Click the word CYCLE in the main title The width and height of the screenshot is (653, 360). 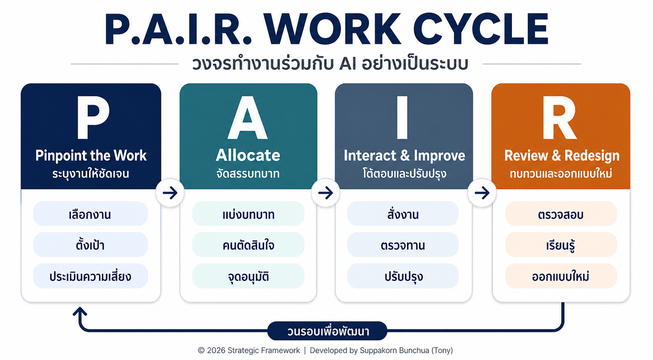click(481, 29)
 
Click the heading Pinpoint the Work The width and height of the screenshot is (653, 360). click(91, 155)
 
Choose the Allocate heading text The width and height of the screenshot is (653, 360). click(248, 155)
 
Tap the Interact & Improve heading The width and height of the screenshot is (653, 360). click(404, 155)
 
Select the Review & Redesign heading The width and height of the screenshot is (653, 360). click(562, 155)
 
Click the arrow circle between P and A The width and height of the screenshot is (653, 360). click(170, 193)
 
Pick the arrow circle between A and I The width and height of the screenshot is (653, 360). click(326, 193)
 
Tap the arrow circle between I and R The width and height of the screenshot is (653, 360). click(482, 193)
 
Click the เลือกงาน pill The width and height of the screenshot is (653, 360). click(90, 213)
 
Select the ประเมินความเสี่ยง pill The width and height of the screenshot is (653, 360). click(90, 276)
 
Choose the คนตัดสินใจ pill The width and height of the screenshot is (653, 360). click(248, 244)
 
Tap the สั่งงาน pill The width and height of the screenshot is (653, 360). click(403, 213)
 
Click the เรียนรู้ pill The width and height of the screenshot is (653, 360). click(561, 244)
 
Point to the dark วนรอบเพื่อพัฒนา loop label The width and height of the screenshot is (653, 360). click(327, 331)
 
